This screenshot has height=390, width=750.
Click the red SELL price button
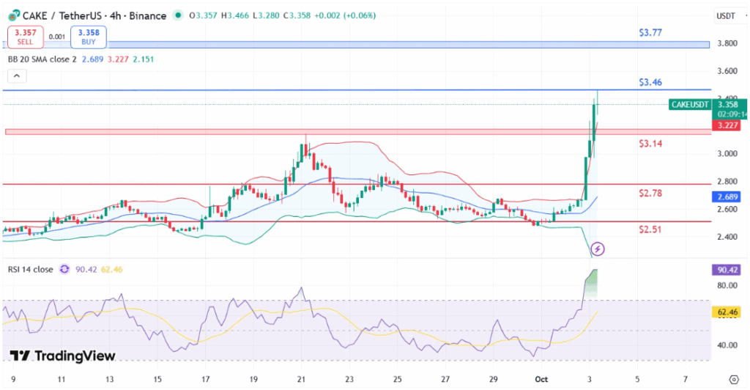click(25, 36)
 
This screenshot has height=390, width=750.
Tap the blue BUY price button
click(89, 36)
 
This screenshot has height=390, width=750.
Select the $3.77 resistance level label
click(650, 32)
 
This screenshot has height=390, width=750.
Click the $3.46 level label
click(650, 82)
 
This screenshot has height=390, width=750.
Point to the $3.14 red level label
click(650, 144)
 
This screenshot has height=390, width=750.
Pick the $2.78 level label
click(650, 193)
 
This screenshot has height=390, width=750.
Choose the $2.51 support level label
click(650, 230)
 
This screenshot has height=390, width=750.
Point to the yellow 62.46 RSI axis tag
click(726, 312)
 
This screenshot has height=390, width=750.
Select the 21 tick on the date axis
click(301, 380)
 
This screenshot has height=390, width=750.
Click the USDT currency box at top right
click(725, 15)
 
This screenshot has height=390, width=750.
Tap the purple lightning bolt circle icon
click(598, 249)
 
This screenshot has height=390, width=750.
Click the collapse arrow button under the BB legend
click(17, 76)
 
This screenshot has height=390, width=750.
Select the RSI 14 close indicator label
click(30, 270)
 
